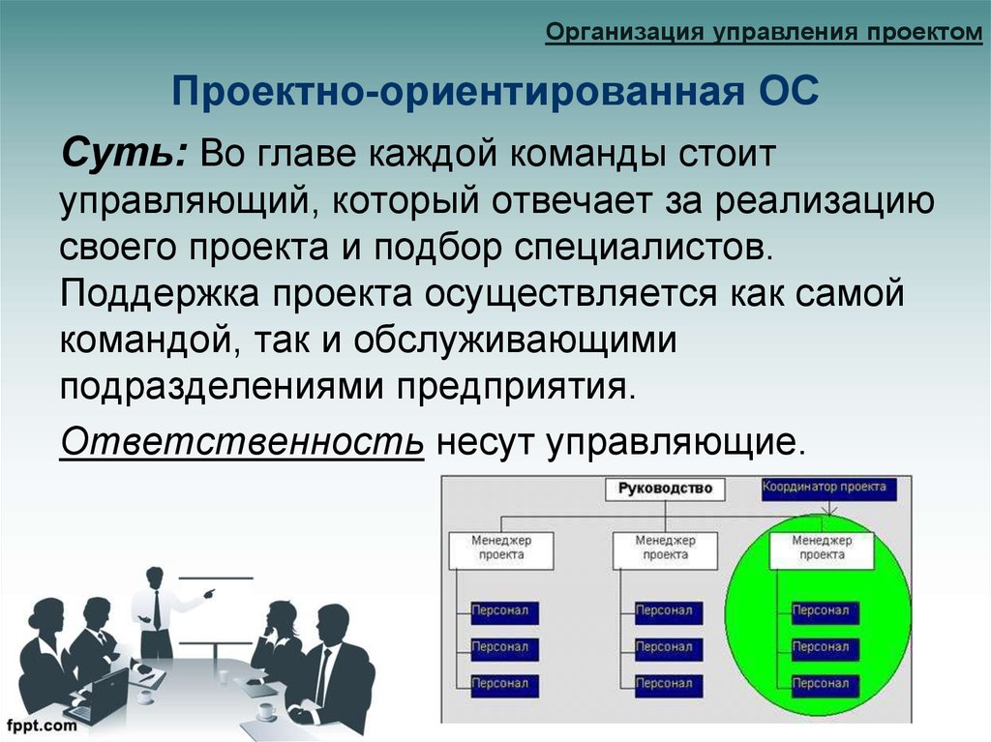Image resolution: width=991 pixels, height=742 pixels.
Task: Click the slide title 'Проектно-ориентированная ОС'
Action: [x=495, y=90]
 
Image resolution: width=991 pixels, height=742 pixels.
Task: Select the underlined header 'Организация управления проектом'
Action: [x=765, y=32]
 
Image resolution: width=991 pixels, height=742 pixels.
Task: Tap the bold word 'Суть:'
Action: [x=125, y=153]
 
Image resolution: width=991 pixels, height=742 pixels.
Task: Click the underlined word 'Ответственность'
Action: [x=242, y=440]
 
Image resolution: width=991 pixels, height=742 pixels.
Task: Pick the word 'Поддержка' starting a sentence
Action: [x=160, y=294]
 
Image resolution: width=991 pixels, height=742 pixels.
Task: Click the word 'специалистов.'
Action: [x=644, y=248]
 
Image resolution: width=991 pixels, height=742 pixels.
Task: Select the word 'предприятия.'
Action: [x=515, y=387]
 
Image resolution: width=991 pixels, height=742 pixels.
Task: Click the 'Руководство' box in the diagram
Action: [x=665, y=490]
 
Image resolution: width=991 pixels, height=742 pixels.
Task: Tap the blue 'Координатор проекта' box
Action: [x=829, y=488]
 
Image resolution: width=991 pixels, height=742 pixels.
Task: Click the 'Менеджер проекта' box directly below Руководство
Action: [x=666, y=549]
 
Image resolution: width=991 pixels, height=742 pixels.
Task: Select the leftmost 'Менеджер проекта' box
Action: [x=501, y=549]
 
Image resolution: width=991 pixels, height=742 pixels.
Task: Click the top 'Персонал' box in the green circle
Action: [x=826, y=612]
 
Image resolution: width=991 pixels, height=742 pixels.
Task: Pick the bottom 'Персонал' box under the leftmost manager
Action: [x=504, y=686]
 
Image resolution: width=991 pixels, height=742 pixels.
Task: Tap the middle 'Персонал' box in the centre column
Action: [x=669, y=649]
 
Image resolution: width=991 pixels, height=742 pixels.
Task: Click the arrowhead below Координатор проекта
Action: [x=829, y=510]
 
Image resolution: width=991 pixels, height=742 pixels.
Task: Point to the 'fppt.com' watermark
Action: [x=42, y=725]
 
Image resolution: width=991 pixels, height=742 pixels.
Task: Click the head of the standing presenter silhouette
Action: [x=155, y=577]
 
